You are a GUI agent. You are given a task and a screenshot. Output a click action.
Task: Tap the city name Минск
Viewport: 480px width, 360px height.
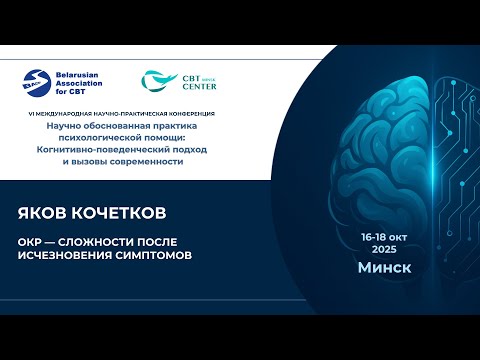coord(384,268)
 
